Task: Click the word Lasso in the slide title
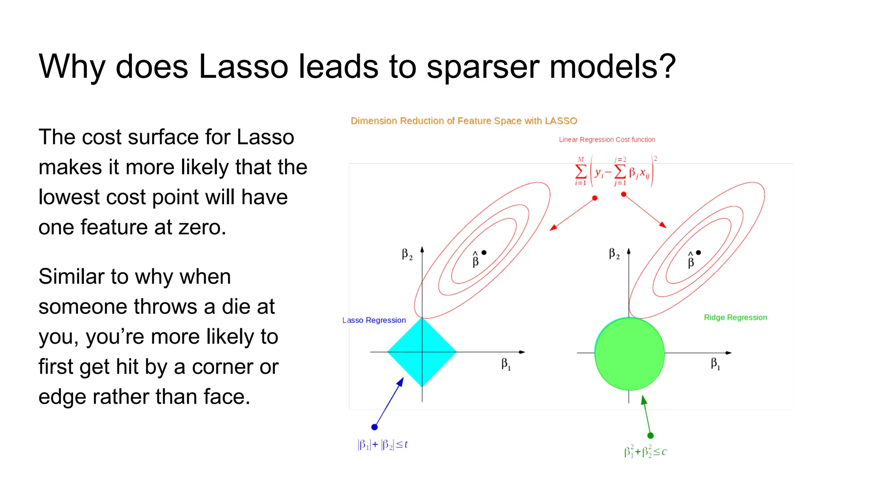click(x=243, y=66)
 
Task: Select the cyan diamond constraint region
click(x=421, y=352)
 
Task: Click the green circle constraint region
click(x=629, y=354)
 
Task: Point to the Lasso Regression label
click(x=374, y=320)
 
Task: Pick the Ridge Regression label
click(x=735, y=317)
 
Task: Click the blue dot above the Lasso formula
click(x=374, y=427)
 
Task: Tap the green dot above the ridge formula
click(x=650, y=436)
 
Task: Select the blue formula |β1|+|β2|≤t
click(x=382, y=445)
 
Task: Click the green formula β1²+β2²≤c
click(x=645, y=452)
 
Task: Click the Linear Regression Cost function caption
click(x=607, y=140)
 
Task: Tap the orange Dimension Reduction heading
click(x=464, y=121)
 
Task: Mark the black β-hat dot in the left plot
click(x=484, y=253)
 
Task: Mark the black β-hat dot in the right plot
click(x=698, y=253)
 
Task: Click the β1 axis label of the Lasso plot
click(x=506, y=364)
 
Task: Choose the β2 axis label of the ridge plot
click(x=614, y=254)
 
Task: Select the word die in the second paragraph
click(x=235, y=307)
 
